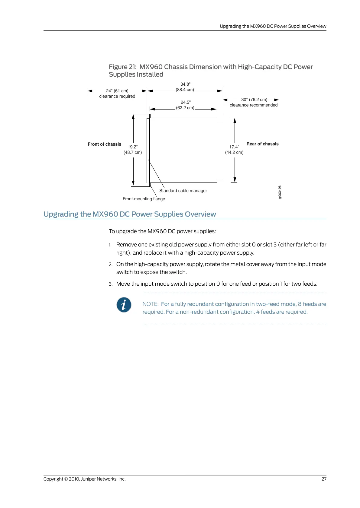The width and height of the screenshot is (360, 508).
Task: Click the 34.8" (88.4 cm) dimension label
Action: tap(185, 87)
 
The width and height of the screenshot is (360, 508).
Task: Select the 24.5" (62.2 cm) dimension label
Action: tap(185, 105)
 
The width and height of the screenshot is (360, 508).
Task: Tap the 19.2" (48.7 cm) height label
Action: tap(133, 150)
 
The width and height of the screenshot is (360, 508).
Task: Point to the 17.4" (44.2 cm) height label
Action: tap(234, 150)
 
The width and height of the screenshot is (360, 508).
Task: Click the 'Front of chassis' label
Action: tap(104, 144)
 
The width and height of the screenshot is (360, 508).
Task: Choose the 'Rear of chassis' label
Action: tap(262, 144)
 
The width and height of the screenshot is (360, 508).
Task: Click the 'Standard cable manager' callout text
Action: tap(183, 191)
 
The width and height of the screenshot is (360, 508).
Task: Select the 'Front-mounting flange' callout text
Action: tap(144, 199)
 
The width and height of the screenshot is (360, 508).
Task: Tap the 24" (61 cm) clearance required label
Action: tap(117, 94)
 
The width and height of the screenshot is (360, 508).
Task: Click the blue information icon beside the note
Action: tap(124, 305)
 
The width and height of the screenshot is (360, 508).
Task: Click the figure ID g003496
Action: tap(280, 192)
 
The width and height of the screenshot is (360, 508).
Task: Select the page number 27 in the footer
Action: tap(324, 479)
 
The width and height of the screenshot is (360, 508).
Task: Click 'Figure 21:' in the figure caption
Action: tap(123, 67)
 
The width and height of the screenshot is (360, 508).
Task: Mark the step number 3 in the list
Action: tap(111, 284)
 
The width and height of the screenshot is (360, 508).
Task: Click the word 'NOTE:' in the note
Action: tap(150, 304)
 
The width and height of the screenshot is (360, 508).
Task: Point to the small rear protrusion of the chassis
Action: tap(220, 151)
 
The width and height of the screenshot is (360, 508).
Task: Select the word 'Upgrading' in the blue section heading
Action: tap(61, 214)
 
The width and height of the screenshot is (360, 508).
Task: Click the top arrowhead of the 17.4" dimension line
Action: tap(235, 120)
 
